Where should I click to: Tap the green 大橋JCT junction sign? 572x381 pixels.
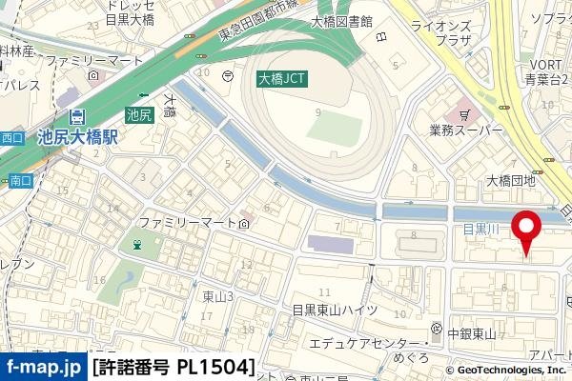point(282,81)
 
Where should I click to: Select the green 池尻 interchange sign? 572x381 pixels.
point(139,115)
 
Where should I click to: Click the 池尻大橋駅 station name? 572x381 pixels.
point(77,137)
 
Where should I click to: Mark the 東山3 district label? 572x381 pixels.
point(218,296)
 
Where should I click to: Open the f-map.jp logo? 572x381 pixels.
point(43,367)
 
